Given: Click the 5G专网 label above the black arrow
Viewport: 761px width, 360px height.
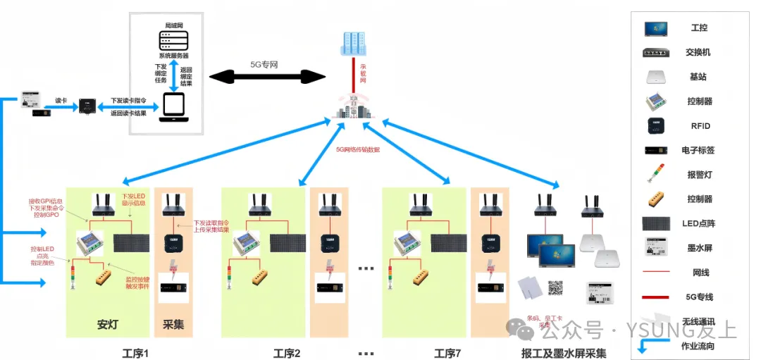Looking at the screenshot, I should (x=265, y=64).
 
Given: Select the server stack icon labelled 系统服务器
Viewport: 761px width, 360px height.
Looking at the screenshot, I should (x=173, y=40).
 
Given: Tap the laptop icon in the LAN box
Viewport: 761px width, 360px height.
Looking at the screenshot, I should (x=173, y=106).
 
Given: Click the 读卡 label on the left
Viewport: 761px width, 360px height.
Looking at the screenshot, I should (x=61, y=100).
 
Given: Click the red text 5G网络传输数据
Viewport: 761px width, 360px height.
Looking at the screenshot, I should (x=357, y=149).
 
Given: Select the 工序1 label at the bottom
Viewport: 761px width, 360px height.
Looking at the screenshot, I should (x=135, y=352).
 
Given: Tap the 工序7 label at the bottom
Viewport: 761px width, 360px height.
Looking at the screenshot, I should (x=447, y=352).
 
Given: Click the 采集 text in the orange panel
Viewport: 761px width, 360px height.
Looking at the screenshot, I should (x=173, y=325).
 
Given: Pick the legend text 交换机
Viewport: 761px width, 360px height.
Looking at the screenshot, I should (x=698, y=52).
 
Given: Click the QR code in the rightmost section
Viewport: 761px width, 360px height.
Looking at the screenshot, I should (x=557, y=287).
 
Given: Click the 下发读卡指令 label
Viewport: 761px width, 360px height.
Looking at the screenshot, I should (x=128, y=101).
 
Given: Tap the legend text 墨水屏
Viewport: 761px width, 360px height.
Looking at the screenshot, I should (x=698, y=248).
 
